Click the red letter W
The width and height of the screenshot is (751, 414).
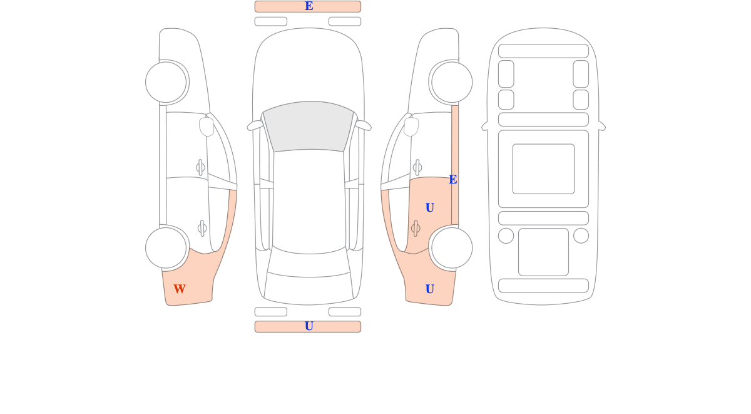coord(180,289)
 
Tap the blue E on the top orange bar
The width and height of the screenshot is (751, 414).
coord(309,6)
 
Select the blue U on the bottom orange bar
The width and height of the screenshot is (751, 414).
coord(309,326)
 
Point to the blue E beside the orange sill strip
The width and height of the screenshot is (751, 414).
coord(453,180)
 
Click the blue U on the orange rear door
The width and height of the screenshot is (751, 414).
coord(430,208)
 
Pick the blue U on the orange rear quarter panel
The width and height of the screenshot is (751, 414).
coord(430,289)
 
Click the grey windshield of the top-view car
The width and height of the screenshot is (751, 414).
coord(309,126)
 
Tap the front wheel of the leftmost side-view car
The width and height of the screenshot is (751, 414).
coord(166,82)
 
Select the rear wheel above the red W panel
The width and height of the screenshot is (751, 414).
coord(166,248)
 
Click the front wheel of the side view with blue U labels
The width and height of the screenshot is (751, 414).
coord(452,82)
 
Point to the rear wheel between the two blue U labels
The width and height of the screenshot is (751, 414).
coord(452,248)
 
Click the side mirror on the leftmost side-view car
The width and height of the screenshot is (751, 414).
coord(207,127)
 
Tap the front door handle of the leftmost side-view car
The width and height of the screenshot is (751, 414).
coord(200,167)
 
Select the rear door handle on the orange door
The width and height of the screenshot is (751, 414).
coord(416,229)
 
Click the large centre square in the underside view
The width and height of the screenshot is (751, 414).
coord(543,168)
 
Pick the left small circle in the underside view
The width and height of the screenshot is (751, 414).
coord(506,235)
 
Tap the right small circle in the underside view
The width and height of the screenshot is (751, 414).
coord(581,235)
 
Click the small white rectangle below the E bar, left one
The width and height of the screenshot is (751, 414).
coord(271,21)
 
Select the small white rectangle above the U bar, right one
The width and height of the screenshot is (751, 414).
coord(345,312)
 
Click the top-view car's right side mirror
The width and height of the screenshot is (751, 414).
coord(364,125)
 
